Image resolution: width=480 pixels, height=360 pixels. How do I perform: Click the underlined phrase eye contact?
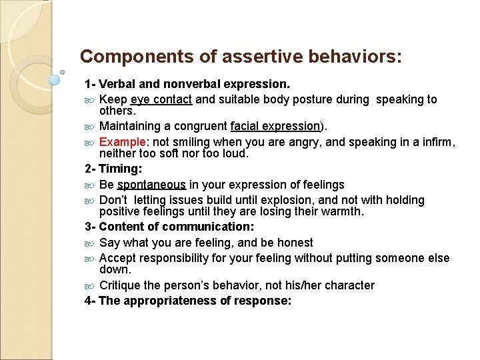(161, 99)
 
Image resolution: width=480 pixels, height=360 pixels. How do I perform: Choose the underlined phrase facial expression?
(275, 126)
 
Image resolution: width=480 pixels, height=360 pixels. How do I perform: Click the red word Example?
(121, 141)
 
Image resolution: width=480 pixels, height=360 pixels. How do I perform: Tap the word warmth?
(341, 212)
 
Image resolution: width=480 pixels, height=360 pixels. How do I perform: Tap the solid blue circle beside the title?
(55, 80)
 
